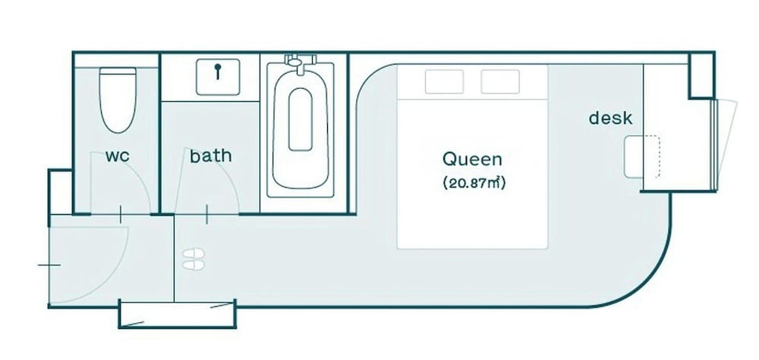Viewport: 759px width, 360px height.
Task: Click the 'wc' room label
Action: tap(118, 156)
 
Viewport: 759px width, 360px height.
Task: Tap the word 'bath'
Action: tap(210, 156)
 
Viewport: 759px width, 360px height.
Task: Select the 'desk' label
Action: tap(610, 118)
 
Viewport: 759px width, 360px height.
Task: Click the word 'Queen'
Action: tap(472, 159)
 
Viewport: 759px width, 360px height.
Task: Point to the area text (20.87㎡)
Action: tap(474, 184)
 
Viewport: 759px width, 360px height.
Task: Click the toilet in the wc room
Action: tap(118, 99)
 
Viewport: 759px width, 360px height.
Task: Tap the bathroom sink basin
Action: tap(218, 77)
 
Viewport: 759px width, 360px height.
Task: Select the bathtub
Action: tap(300, 129)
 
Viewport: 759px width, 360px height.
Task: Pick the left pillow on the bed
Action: tap(444, 81)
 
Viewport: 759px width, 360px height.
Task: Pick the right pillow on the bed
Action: tap(500, 81)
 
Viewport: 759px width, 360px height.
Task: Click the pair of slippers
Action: tap(194, 259)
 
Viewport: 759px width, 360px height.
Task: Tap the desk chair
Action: tap(641, 156)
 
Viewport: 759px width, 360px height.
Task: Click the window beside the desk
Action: tap(716, 144)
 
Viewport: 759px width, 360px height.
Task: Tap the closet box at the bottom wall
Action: tap(177, 314)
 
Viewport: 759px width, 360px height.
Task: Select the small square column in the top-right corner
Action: tap(702, 76)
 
